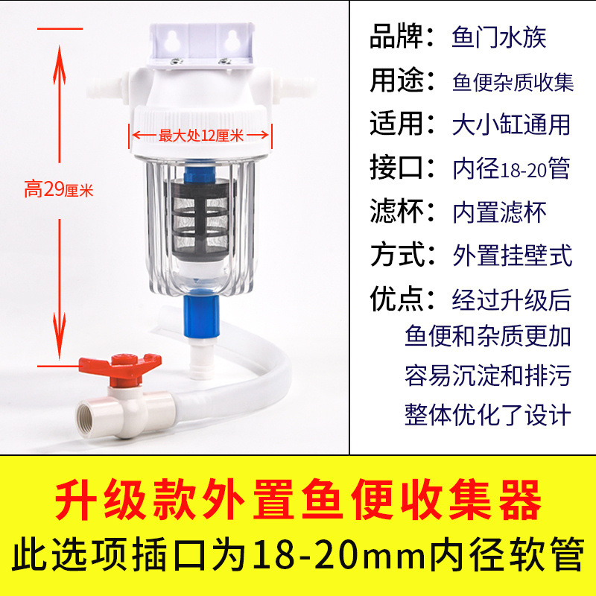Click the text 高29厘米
tap(57, 190)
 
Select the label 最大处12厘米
tap(201, 136)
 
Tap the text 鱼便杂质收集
tap(513, 82)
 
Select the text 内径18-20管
tap(511, 169)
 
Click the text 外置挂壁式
tap(513, 256)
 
